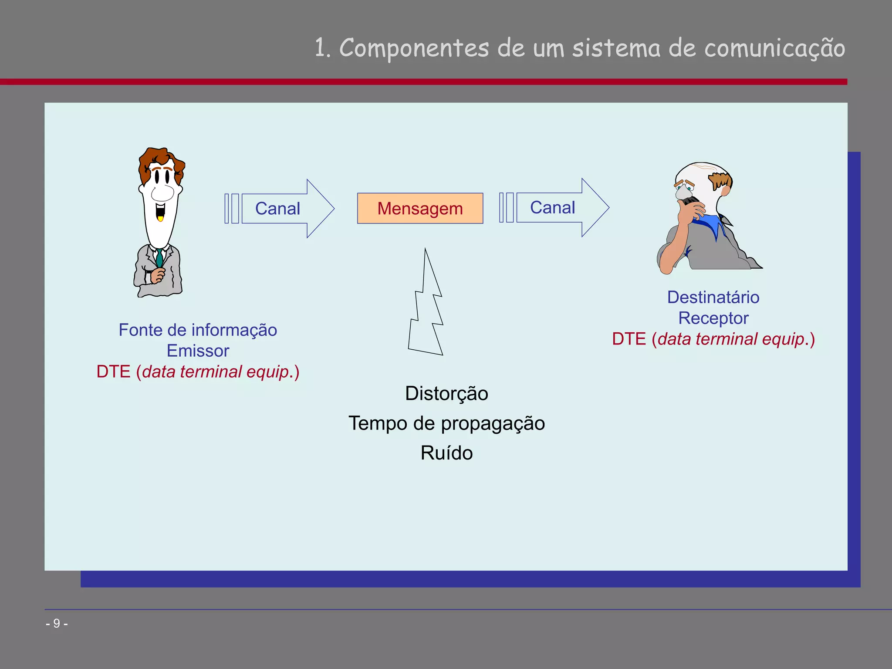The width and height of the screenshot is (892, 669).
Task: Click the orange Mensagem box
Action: pos(420,208)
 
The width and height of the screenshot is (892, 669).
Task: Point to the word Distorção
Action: pos(446,393)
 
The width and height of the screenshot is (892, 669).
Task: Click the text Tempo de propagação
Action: pos(446,423)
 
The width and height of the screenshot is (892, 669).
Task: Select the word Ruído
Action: pos(446,453)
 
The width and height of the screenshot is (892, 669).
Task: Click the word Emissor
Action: pos(198,351)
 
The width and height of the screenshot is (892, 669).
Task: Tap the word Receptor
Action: pos(713,318)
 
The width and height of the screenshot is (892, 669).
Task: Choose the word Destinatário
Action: pos(713,297)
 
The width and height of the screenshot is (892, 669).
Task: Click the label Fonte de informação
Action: pos(198,330)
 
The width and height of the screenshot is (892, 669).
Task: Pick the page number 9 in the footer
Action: pos(57,624)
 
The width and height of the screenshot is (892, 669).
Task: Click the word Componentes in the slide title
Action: pos(414,48)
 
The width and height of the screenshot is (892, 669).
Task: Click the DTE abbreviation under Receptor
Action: pos(628,339)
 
